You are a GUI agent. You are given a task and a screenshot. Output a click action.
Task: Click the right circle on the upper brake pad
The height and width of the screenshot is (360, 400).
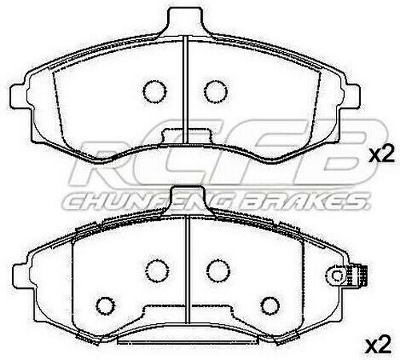(213, 91)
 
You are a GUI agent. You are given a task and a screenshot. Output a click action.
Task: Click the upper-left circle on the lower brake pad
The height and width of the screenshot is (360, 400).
(154, 270)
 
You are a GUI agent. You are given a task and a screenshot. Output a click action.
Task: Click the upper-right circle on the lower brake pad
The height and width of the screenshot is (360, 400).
(213, 270)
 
